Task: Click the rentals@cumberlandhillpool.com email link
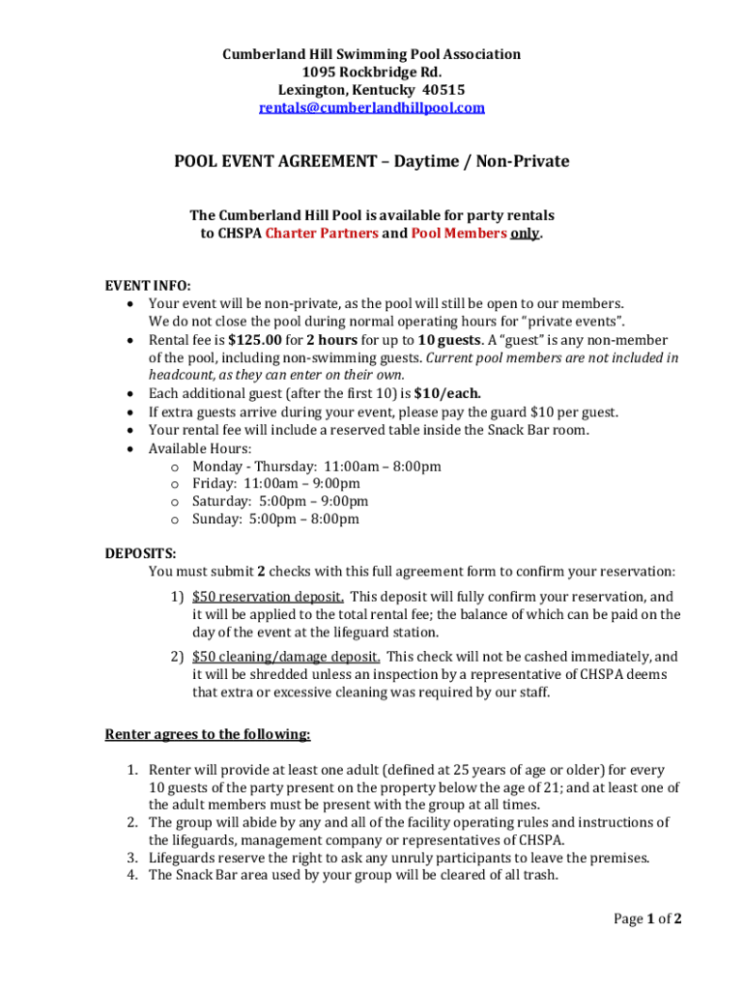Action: [372, 108]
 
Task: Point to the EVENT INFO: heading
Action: [148, 286]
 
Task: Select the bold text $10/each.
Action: [447, 393]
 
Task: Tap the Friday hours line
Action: [276, 483]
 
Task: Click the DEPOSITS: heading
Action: [141, 553]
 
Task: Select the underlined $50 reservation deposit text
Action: [268, 596]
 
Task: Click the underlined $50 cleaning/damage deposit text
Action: [285, 656]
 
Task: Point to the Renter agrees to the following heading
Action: [208, 734]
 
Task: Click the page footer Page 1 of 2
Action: [648, 918]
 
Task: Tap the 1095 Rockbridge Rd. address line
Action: [372, 72]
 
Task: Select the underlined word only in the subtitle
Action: [525, 233]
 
